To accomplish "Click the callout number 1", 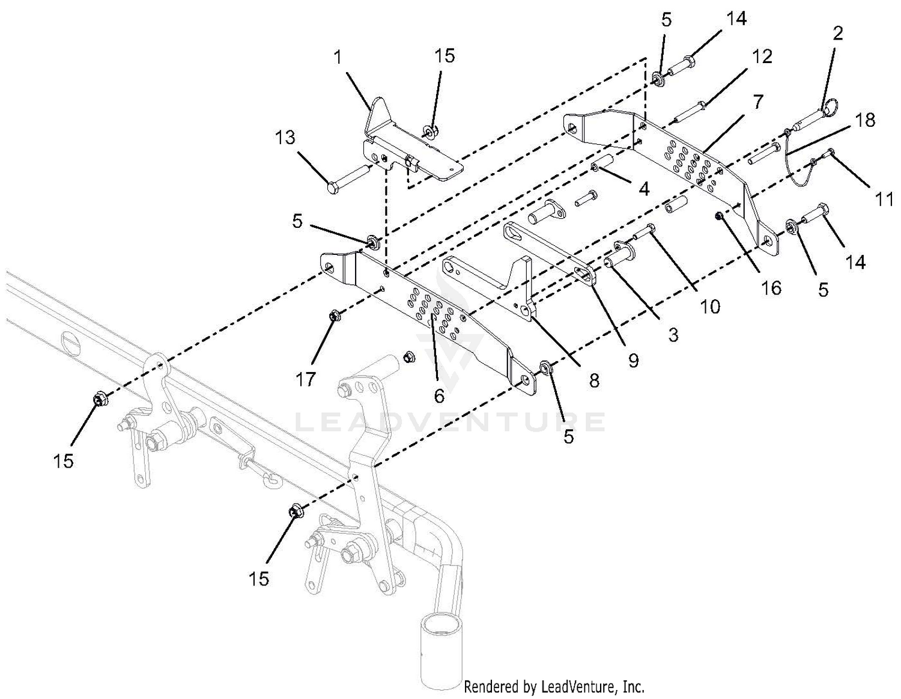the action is pos(339,58).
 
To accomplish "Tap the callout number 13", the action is pos(285,138).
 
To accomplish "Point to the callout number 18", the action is pos(865,121).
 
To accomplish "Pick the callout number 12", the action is pos(761,57).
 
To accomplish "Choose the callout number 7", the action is pos(759,102).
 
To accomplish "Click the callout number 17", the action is pos(306,380).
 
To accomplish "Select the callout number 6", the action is pos(439,395).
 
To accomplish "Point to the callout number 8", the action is pos(594,380).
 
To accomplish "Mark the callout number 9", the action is pos(633,361).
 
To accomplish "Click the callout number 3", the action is pos(673,335).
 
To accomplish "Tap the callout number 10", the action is pos(710,307).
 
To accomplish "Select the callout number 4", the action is pos(643,189).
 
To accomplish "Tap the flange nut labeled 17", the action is pos(333,317).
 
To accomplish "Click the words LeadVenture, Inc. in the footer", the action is pos(593,686).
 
